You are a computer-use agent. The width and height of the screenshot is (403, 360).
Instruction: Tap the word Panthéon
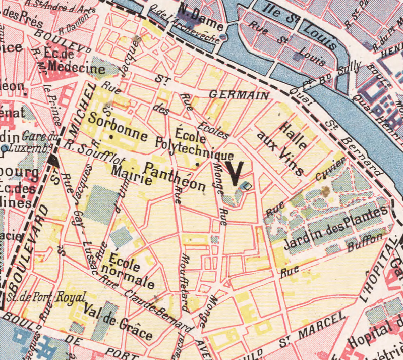(176, 177)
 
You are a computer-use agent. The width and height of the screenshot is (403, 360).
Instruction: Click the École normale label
(133, 272)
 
